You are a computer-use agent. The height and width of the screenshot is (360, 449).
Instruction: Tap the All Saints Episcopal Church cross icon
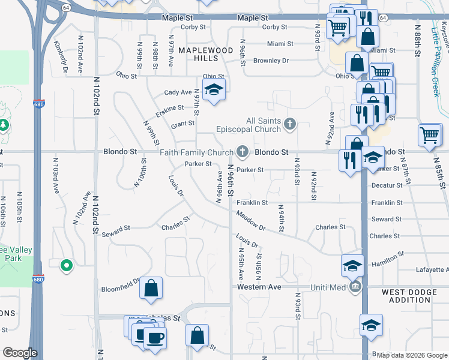pyautogui.click(x=290, y=124)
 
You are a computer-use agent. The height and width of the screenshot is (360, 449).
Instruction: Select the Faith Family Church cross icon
pyautogui.click(x=243, y=152)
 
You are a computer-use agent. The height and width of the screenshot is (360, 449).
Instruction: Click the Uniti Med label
pyautogui.click(x=328, y=287)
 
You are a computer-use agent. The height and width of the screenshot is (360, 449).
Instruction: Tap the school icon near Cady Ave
pyautogui.click(x=213, y=91)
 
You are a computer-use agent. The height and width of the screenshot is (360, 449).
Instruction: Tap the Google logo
pyautogui.click(x=20, y=353)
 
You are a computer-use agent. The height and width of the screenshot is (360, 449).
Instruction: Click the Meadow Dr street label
pyautogui.click(x=250, y=221)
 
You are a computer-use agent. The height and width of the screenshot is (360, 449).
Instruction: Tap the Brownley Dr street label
pyautogui.click(x=271, y=61)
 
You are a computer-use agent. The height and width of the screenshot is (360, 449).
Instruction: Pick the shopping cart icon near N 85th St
pyautogui.click(x=430, y=134)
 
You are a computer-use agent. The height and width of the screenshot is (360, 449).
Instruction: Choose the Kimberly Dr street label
pyautogui.click(x=60, y=58)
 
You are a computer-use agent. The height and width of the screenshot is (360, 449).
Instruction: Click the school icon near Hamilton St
pyautogui.click(x=352, y=265)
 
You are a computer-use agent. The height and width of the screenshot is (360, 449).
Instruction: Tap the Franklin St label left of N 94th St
pyautogui.click(x=251, y=203)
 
